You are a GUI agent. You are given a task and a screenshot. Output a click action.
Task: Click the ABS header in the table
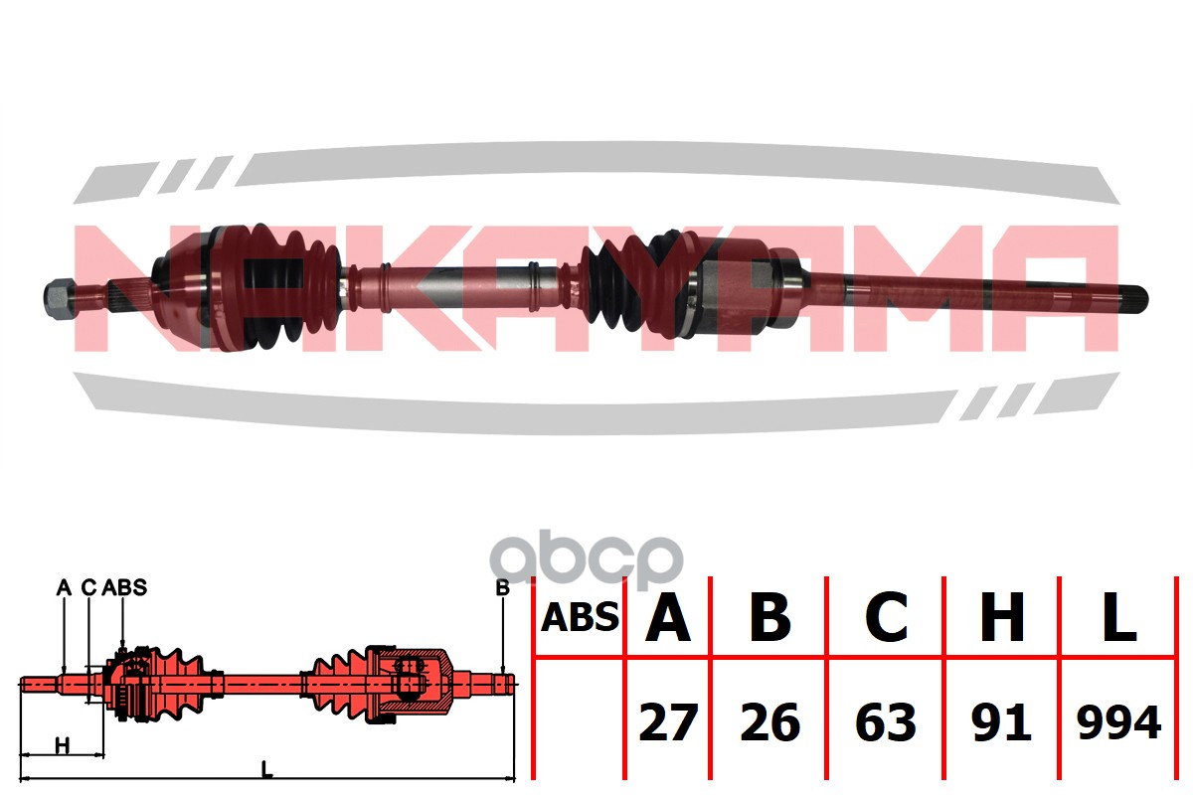coord(580,618)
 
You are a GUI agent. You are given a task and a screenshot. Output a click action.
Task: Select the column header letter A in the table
coord(668,618)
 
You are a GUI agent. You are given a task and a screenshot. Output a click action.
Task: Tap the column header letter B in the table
coord(770,618)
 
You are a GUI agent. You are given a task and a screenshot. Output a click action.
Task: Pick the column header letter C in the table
coord(886,618)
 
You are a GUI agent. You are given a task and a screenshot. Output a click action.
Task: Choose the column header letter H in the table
coord(1002,618)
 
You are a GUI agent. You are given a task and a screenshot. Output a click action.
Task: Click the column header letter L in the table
coord(1118,618)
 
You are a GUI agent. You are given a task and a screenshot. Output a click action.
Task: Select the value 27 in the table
coord(668,722)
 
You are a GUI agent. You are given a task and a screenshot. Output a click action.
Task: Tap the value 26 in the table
coord(770,722)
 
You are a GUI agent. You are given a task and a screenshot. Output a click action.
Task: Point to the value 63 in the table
coord(886,722)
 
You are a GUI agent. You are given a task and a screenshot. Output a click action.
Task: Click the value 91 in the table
coord(1001,722)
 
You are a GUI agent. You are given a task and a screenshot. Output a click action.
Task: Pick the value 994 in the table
coord(1118,722)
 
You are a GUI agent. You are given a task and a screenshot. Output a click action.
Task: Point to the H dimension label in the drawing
coord(63,746)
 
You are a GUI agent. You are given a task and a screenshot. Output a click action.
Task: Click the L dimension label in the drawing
coord(266,769)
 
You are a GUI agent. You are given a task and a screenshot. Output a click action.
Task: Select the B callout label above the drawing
coord(502,588)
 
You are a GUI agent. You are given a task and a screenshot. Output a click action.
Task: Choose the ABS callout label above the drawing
coord(124,587)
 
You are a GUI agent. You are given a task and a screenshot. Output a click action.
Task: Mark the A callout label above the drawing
coord(64,587)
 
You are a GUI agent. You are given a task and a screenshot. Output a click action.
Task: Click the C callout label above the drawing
coord(88,587)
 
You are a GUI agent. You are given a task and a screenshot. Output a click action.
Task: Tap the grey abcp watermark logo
coord(587,558)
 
